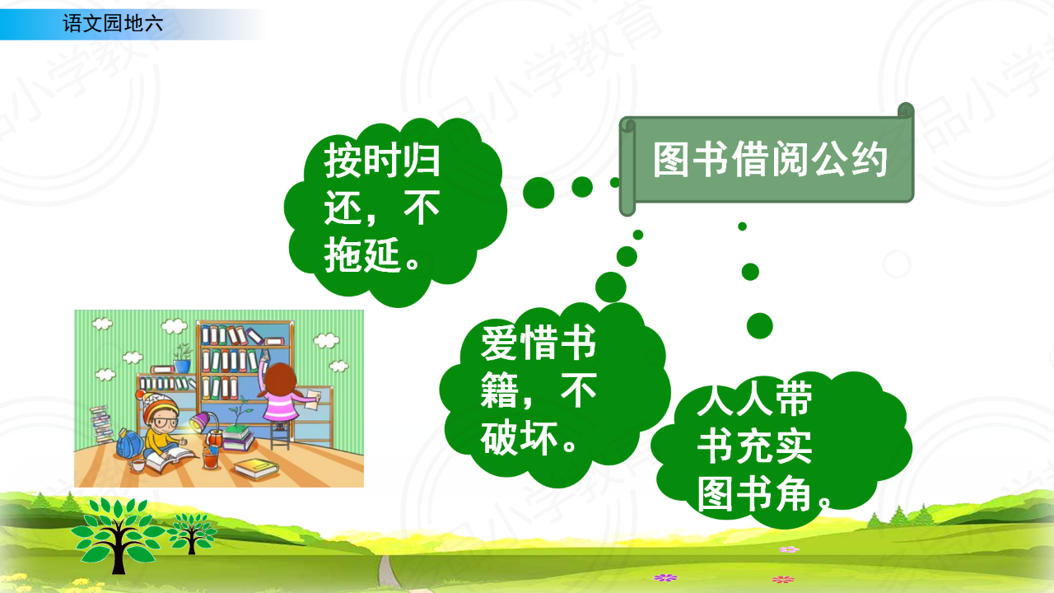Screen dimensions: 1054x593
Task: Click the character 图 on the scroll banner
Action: click(672, 159)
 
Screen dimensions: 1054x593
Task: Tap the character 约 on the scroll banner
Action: click(870, 159)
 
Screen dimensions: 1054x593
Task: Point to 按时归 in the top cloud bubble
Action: click(381, 161)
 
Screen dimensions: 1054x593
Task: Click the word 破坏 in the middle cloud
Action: click(519, 437)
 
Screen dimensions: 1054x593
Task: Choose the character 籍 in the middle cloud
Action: click(499, 390)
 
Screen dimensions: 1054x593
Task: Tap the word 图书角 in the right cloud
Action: click(754, 493)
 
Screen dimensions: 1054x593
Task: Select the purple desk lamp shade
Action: click(200, 420)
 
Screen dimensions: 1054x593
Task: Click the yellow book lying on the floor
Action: click(257, 469)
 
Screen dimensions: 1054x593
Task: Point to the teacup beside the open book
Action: click(138, 465)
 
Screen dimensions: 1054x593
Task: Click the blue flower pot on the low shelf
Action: click(182, 367)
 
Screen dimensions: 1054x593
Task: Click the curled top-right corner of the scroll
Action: click(906, 111)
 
